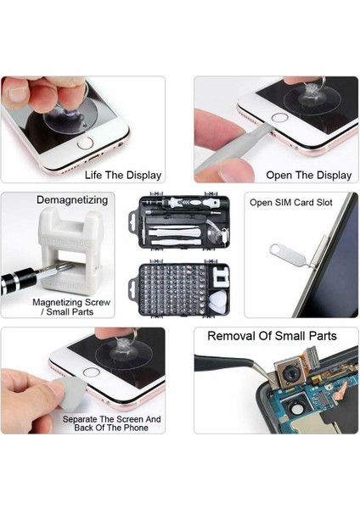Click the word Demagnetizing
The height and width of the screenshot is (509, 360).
pyautogui.click(x=72, y=200)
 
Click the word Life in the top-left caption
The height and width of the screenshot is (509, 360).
pyautogui.click(x=95, y=176)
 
